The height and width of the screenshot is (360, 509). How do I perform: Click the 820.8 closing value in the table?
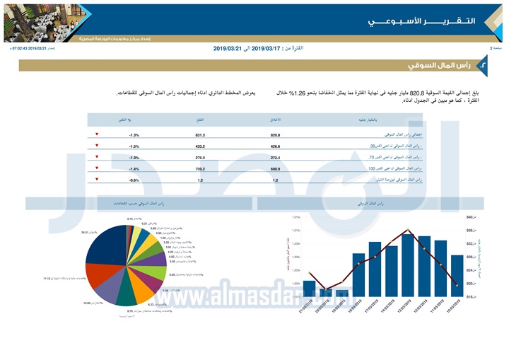pyautogui.click(x=276, y=134)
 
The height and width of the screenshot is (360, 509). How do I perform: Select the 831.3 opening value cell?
pyautogui.click(x=200, y=134)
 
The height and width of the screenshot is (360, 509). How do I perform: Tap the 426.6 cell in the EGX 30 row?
pyautogui.click(x=276, y=146)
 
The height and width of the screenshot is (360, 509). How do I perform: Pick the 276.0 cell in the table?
pyautogui.click(x=200, y=157)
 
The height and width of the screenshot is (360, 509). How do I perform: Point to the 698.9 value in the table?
pyautogui.click(x=276, y=169)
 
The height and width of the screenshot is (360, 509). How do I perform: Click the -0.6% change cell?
pyautogui.click(x=134, y=180)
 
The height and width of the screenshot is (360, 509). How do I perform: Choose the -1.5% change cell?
pyautogui.click(x=134, y=146)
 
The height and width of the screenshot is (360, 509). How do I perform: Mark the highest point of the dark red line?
pyautogui.click(x=408, y=229)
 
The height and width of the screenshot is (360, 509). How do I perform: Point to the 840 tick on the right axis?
pyautogui.click(x=470, y=217)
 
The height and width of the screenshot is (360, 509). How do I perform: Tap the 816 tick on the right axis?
pyautogui.click(x=470, y=297)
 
